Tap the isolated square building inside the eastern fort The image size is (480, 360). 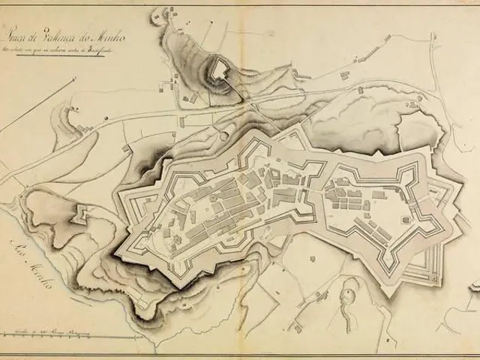[x=404, y=220]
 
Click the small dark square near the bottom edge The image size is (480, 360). [x=298, y=328]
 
